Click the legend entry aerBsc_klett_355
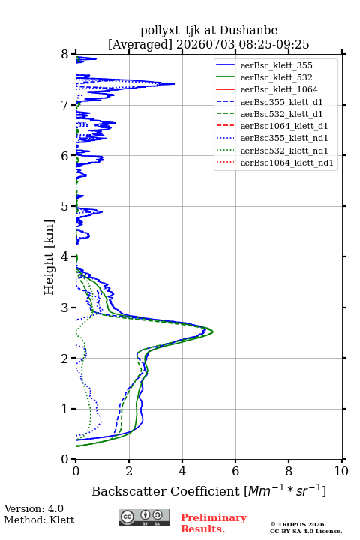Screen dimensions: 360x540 tap(276, 65)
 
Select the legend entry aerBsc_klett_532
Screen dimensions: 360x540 tap(276, 77)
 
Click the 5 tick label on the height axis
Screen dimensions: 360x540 tap(65, 206)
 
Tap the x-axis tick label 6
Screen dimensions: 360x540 tap(235, 471)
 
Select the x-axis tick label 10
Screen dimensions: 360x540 tap(341, 471)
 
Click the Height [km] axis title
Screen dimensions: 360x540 tap(49, 257)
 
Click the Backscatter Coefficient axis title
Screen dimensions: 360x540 tap(208, 490)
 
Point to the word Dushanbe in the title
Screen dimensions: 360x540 tap(248, 31)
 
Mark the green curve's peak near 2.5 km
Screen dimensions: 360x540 tap(213, 331)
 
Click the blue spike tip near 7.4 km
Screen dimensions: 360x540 tap(174, 84)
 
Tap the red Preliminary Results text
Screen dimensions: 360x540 tap(214, 523)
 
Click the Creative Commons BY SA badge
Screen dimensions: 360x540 tap(144, 518)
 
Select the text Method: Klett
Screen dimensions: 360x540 tap(39, 520)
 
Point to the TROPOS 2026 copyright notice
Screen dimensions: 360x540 tap(298, 524)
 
